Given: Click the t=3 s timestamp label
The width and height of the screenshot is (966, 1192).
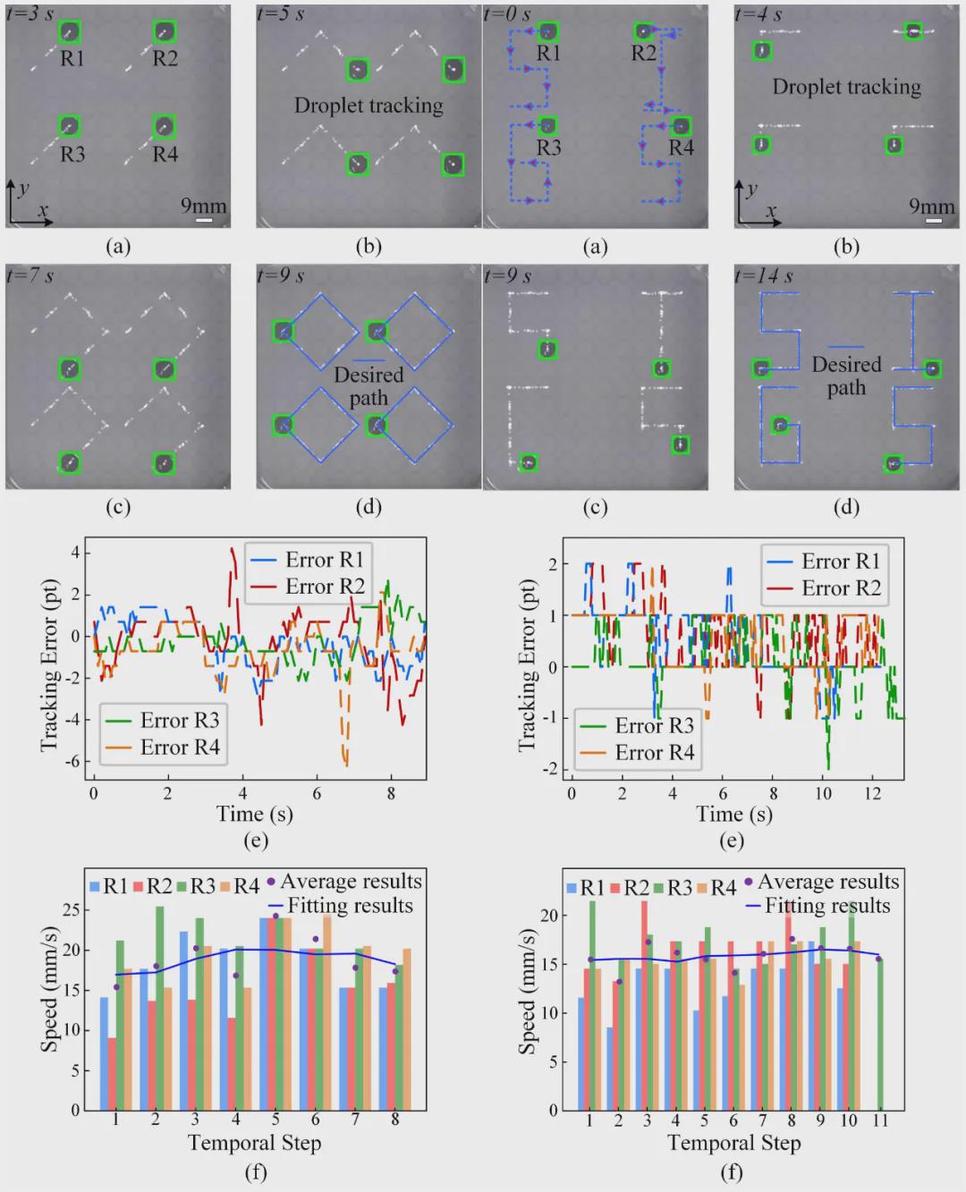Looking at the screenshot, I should (29, 13).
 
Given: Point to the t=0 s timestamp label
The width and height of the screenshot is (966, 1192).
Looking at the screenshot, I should (507, 13).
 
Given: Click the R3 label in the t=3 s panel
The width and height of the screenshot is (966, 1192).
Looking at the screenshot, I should (72, 154).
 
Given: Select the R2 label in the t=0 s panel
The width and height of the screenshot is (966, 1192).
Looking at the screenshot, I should (643, 53).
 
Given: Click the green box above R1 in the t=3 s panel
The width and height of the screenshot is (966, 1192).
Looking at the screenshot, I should (70, 32).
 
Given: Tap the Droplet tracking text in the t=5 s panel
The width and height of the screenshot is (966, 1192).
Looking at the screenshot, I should (369, 106).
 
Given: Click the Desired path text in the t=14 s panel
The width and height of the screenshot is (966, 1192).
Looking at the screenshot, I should (846, 376).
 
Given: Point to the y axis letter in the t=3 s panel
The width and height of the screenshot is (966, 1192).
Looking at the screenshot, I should (24, 188).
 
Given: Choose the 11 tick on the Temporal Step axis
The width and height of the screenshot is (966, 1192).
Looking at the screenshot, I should (880, 1120).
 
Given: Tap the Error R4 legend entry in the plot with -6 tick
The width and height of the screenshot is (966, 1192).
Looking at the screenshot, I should (163, 747).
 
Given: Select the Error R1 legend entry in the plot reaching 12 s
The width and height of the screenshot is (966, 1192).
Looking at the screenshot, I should (823, 561).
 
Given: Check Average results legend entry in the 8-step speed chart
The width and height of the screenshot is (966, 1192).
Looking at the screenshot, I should (344, 882).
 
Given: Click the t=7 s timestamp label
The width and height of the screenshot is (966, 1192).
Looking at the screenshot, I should (29, 275).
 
